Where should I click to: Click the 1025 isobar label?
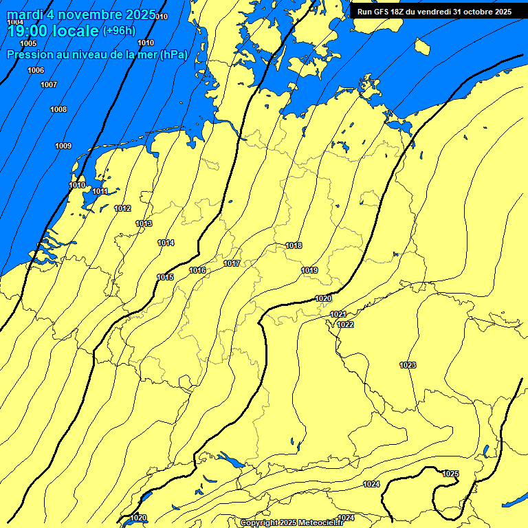[451, 474]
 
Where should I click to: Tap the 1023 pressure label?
[408, 365]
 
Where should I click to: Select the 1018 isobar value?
[294, 245]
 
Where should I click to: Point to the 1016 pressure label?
[198, 270]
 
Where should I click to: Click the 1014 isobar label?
[166, 243]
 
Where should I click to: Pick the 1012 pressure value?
[123, 208]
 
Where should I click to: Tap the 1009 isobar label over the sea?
[63, 146]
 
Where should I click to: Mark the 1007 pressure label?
[49, 85]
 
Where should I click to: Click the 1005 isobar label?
[28, 43]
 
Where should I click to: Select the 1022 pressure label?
[345, 324]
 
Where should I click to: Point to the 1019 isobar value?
[309, 270]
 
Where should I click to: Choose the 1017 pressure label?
[232, 263]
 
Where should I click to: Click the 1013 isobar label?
[144, 223]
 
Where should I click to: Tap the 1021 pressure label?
[338, 314]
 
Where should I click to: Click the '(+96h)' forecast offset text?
[119, 30]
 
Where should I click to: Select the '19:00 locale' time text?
[52, 32]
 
